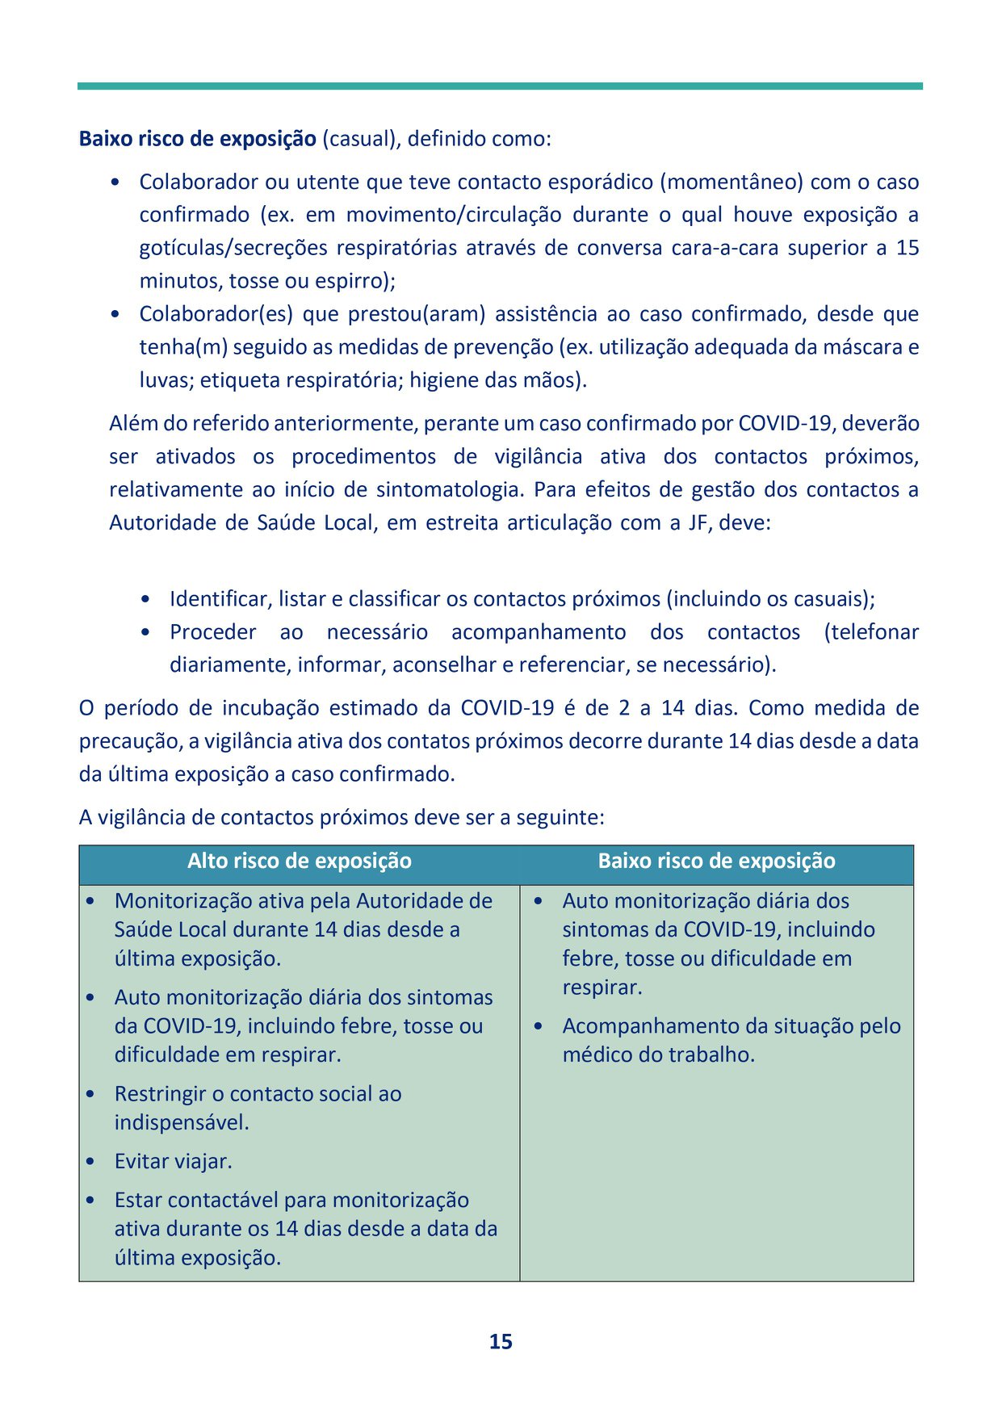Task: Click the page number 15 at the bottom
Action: pos(501,1341)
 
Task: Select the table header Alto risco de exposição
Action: pos(299,861)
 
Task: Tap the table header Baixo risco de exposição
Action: pos(716,861)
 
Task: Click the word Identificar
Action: pos(220,599)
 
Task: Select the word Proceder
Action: pos(213,632)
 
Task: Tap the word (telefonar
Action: pos(871,632)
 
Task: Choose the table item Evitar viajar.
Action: pos(173,1161)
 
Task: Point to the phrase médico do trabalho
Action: pos(658,1055)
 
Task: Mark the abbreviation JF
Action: pos(698,522)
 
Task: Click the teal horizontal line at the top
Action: pos(500,86)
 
